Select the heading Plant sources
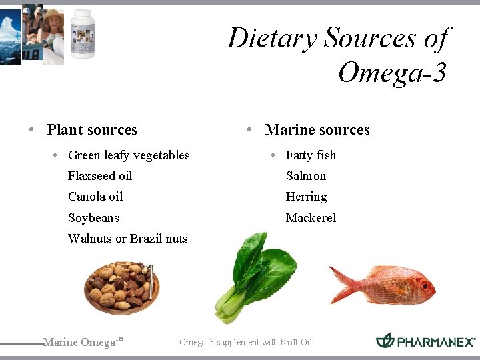click(92, 130)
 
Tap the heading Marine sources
click(317, 130)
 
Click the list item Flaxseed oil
click(100, 176)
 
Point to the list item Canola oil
click(95, 197)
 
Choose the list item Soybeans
click(93, 218)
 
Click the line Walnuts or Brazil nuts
click(128, 239)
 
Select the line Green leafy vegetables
click(129, 155)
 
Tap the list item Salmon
click(306, 176)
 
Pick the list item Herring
click(306, 197)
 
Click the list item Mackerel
click(311, 218)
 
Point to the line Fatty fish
click(311, 155)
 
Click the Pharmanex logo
click(425, 341)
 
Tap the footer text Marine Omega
click(79, 343)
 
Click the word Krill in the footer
click(281, 343)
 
